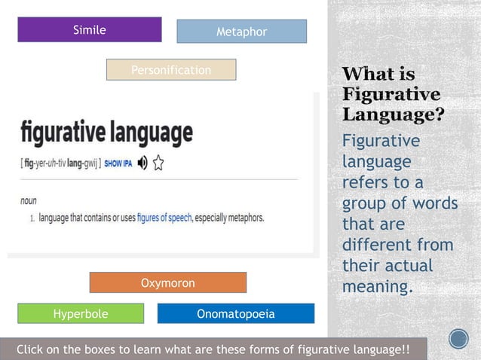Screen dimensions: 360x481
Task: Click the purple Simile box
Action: (x=89, y=30)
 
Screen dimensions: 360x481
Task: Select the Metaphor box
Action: (x=241, y=32)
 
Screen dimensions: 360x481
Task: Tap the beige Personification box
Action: (x=171, y=70)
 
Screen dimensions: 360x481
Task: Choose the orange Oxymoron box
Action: (x=167, y=283)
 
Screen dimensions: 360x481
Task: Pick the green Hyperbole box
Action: (x=80, y=314)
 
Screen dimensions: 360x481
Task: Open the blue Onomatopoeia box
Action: (x=235, y=314)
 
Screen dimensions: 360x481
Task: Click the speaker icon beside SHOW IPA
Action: (x=142, y=162)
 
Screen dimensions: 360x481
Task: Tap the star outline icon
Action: (x=158, y=162)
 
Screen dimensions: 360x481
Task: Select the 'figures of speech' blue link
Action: (x=164, y=218)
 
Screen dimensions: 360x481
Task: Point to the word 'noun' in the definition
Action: (x=29, y=201)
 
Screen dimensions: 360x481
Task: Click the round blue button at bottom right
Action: (x=458, y=339)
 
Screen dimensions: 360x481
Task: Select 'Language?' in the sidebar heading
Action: (x=392, y=116)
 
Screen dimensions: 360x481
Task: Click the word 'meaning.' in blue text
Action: (x=378, y=287)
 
